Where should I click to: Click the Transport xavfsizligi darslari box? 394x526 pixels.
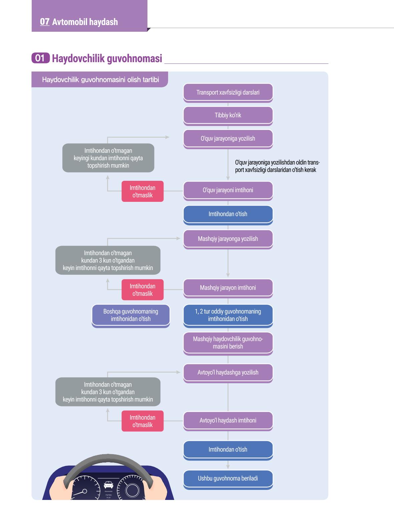228,93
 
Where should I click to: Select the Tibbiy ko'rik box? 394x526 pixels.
228,116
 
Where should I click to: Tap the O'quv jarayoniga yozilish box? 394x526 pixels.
228,139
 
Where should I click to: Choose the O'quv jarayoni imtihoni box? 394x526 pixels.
228,191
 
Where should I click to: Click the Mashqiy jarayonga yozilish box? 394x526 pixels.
228,239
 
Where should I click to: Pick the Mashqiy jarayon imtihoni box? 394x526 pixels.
228,288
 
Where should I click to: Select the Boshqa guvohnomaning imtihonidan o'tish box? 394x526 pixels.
131,315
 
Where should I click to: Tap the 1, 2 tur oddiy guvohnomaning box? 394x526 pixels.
228,315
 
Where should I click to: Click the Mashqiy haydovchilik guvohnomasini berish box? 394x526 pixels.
228,343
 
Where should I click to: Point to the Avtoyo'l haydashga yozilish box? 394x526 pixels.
228,373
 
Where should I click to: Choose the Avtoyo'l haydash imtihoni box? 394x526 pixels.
228,421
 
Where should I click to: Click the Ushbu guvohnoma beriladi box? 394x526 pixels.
228,479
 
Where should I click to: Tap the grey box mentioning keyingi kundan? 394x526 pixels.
108,158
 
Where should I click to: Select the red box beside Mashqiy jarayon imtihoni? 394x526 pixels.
142,290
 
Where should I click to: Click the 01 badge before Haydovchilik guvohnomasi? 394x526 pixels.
40,58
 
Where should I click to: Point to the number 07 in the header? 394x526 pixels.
45,22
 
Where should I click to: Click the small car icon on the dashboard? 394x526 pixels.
108,485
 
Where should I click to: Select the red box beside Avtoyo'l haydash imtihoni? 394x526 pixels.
142,421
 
